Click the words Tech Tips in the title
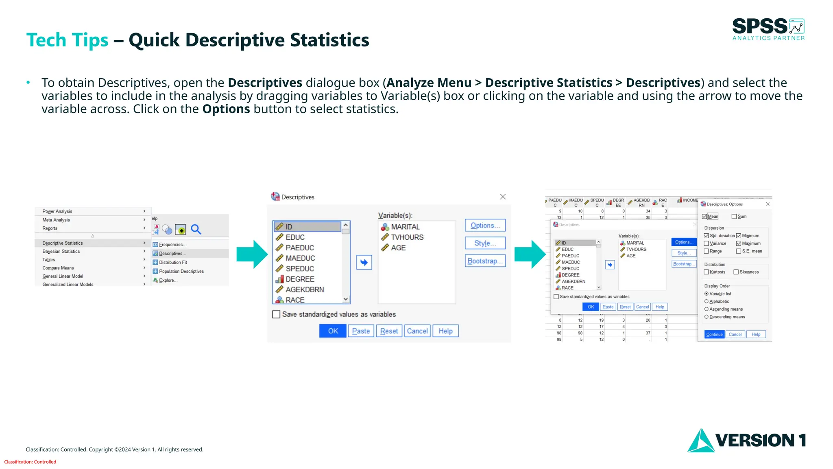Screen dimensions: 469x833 [x=68, y=40]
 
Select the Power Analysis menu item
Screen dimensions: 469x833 [x=57, y=211]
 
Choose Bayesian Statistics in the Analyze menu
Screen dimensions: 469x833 [x=61, y=251]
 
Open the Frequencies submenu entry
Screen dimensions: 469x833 [x=171, y=245]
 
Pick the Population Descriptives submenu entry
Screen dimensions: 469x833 [x=181, y=271]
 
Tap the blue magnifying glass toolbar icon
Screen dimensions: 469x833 [x=196, y=230]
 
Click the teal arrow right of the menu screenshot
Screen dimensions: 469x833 [x=252, y=254]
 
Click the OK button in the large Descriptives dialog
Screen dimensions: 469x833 [x=333, y=331]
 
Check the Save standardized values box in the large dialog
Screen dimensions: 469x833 [x=277, y=314]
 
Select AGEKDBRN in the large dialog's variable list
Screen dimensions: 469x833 [x=305, y=289]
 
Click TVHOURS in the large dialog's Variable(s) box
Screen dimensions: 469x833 [x=407, y=237]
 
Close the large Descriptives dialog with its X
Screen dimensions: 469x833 [x=503, y=197]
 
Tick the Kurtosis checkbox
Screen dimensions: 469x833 [x=707, y=272]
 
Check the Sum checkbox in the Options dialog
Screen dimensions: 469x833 [x=734, y=217]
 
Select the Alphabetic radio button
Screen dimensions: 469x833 [x=707, y=301]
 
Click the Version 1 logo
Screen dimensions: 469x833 [x=747, y=440]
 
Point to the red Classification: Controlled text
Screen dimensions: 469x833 [x=30, y=462]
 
